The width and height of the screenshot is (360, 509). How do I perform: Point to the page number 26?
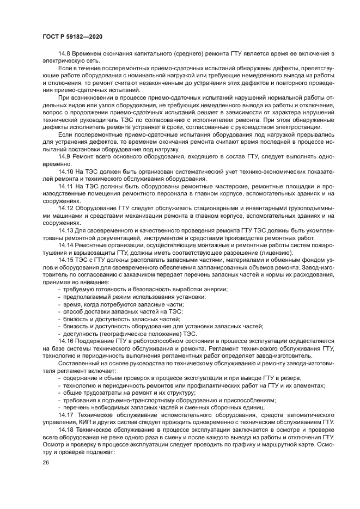(x=46, y=462)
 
